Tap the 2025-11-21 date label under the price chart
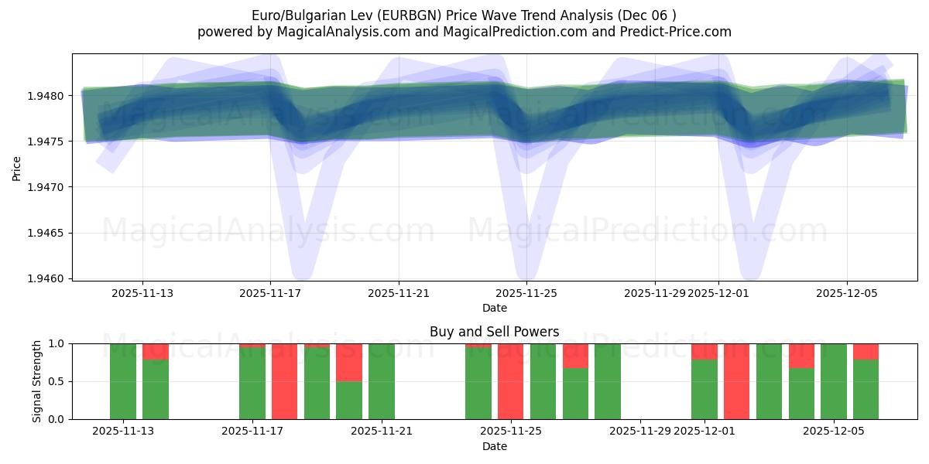pyautogui.click(x=399, y=293)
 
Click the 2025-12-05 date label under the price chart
pyautogui.click(x=846, y=293)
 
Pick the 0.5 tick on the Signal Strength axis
pyautogui.click(x=58, y=381)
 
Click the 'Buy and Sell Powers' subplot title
pyautogui.click(x=494, y=332)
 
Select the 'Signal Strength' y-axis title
pyautogui.click(x=36, y=381)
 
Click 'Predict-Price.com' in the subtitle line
pyautogui.click(x=680, y=32)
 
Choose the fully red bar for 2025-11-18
pyautogui.click(x=284, y=381)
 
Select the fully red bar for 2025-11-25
pyautogui.click(x=510, y=381)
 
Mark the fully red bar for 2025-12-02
pyautogui.click(x=736, y=381)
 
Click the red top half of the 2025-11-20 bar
pyautogui.click(x=349, y=362)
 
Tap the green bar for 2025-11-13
pyautogui.click(x=123, y=381)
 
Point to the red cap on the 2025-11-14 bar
pyautogui.click(x=156, y=351)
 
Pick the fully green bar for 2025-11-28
pyautogui.click(x=608, y=381)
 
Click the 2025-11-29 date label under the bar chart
pyautogui.click(x=640, y=431)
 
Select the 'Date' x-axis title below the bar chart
pyautogui.click(x=494, y=446)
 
